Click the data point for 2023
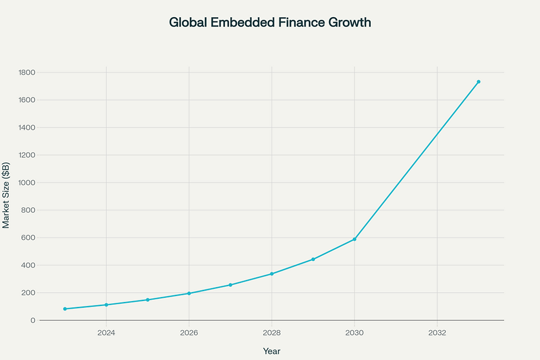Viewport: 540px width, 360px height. [65, 309]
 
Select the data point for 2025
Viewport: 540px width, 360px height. [148, 300]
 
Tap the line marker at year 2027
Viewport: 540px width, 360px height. [230, 285]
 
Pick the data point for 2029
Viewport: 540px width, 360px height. [313, 259]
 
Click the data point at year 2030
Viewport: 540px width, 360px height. [354, 239]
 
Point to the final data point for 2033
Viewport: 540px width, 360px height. [478, 82]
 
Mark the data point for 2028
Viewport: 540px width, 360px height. [272, 274]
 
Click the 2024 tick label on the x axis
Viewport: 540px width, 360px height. [106, 333]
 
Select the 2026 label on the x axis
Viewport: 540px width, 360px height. [189, 333]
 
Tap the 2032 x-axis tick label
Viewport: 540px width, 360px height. [437, 333]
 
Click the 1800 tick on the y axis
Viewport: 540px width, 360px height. [26, 73]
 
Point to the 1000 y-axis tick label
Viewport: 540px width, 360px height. [26, 183]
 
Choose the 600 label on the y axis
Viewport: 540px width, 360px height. [29, 238]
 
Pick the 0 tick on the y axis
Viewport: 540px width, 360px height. [33, 320]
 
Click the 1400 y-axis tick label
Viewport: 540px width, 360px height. [26, 128]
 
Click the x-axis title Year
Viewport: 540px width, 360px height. [272, 351]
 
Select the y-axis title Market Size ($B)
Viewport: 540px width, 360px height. [6, 195]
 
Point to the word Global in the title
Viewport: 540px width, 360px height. [188, 23]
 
